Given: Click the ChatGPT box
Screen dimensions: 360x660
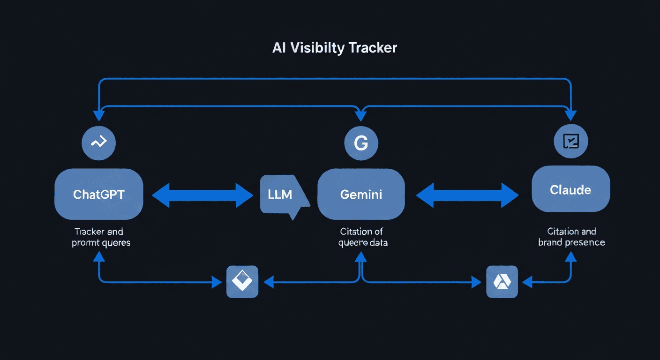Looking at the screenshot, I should click(x=99, y=194).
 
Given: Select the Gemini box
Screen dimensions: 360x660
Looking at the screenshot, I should click(x=360, y=194).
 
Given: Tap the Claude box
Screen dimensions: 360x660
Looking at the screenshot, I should click(x=570, y=190).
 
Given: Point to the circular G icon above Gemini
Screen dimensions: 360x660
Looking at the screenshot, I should click(x=360, y=143).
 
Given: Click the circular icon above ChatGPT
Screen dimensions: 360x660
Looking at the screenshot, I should click(x=98, y=142).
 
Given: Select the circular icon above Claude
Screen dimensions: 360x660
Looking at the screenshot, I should click(x=570, y=141).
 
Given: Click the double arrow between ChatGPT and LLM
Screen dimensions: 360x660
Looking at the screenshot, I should click(x=202, y=195).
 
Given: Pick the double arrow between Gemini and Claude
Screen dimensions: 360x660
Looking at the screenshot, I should click(x=467, y=195).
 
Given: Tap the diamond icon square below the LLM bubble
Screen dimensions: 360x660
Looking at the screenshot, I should click(x=242, y=282).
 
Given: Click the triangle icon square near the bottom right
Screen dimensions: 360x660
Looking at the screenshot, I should click(x=502, y=282).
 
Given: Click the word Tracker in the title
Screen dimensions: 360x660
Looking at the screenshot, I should click(x=372, y=48).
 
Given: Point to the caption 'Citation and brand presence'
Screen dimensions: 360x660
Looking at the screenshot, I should click(x=571, y=237).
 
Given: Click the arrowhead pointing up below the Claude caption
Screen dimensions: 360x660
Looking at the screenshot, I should click(x=570, y=256).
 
